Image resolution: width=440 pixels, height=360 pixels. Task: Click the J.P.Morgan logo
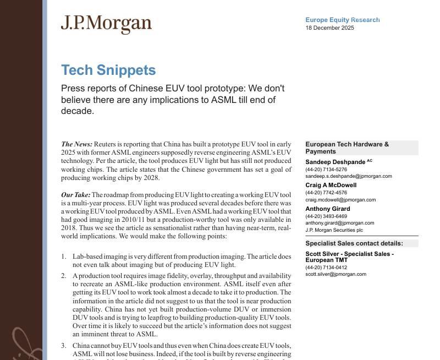point(106,24)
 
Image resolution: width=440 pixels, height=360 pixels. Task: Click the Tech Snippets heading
point(108,70)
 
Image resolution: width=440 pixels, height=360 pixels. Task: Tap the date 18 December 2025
point(329,28)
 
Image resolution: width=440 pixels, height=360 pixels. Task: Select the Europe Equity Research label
point(342,20)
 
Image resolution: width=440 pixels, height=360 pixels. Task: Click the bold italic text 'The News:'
point(76,144)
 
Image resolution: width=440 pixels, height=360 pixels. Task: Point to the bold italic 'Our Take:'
point(75,195)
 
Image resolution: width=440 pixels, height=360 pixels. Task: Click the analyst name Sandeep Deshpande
point(335,162)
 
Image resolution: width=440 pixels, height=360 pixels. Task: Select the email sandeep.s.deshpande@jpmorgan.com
point(348,176)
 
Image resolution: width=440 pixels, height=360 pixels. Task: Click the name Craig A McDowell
point(331,186)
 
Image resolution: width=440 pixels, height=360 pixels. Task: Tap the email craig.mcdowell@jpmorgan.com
point(340,200)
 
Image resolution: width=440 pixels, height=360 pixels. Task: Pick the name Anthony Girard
point(327,209)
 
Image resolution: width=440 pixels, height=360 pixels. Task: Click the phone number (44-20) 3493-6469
point(326,216)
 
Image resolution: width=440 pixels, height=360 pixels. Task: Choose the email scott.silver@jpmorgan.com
point(335,274)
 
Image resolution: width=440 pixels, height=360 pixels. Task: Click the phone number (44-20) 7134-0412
point(326,268)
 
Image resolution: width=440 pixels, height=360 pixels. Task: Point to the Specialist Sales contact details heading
point(354,243)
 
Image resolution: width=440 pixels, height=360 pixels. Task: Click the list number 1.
point(64,257)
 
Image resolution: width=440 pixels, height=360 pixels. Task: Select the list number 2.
point(64,276)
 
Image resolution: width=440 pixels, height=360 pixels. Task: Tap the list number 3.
point(64,346)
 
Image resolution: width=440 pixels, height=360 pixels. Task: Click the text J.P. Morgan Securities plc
point(334,230)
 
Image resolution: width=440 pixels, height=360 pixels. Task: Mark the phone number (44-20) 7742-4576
point(326,193)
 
